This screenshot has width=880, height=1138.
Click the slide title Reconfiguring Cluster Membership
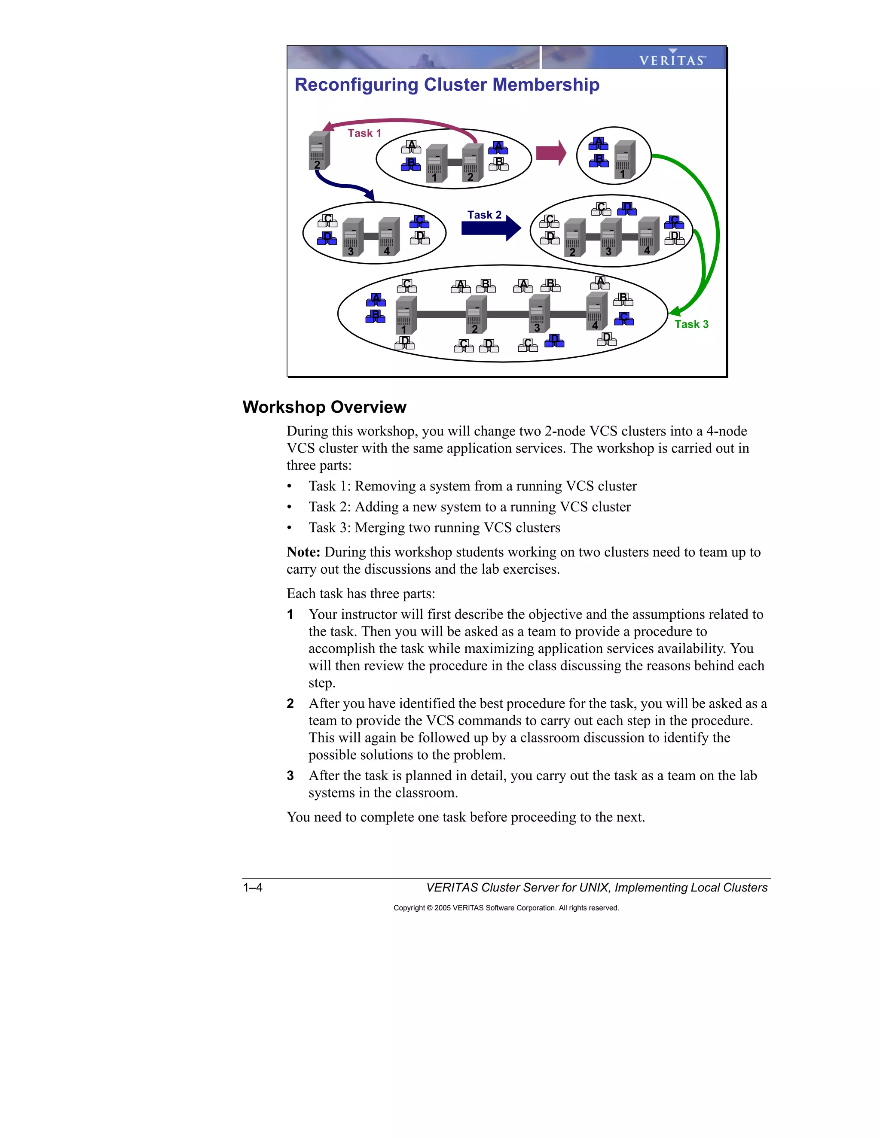(x=447, y=85)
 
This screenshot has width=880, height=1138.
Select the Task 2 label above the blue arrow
(x=484, y=215)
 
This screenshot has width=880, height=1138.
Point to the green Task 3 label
(x=691, y=325)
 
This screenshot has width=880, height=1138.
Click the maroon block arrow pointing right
(x=551, y=153)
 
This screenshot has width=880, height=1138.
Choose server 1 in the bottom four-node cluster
(x=406, y=315)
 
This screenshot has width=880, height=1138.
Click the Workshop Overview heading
(x=324, y=407)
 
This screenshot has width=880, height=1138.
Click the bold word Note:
(x=303, y=552)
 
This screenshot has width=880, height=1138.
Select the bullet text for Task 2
(x=469, y=507)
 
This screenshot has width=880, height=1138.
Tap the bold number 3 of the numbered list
(x=290, y=776)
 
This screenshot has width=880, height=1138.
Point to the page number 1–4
(x=253, y=887)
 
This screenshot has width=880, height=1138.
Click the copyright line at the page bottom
(x=506, y=908)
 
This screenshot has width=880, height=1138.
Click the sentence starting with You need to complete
(x=465, y=817)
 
